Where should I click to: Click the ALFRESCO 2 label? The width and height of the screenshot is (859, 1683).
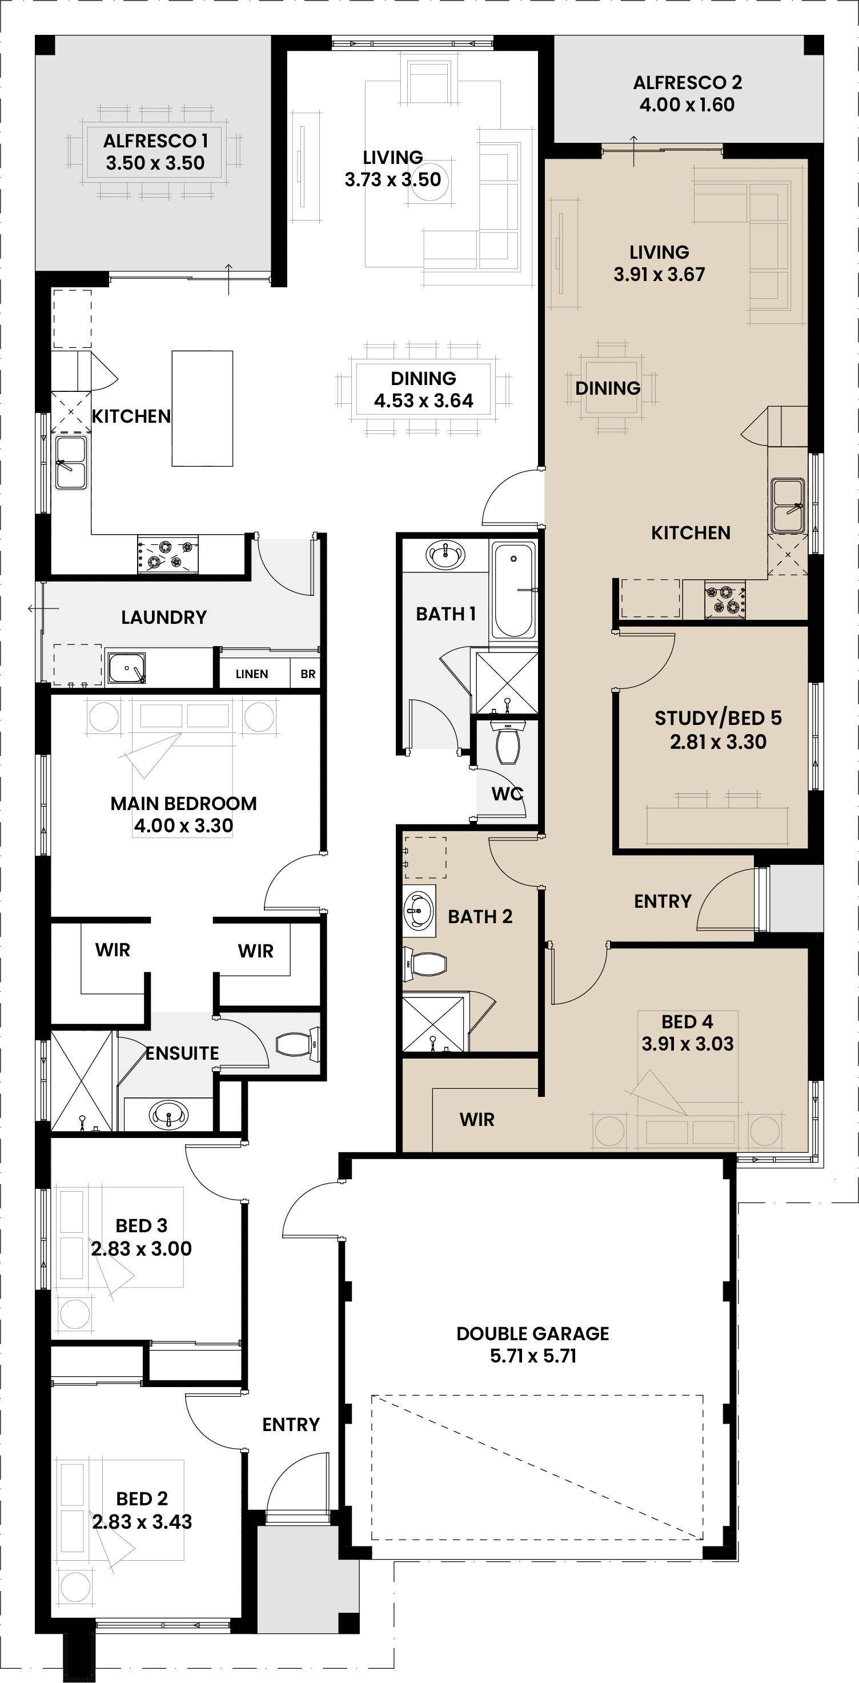[687, 83]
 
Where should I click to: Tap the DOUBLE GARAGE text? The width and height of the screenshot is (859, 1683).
[532, 1333]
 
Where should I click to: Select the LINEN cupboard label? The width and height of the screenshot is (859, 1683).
[251, 674]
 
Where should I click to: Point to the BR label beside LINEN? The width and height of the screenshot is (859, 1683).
[308, 674]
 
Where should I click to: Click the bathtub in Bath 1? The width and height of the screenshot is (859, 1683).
[513, 590]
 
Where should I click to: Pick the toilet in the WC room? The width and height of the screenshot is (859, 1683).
[508, 742]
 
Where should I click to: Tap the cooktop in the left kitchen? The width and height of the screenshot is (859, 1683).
[168, 554]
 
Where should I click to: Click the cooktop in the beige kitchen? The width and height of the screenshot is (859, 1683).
[725, 599]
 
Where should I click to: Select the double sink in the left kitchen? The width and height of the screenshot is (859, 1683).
[71, 463]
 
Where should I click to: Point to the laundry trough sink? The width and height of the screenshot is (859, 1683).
[126, 667]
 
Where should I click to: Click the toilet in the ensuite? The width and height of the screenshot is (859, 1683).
[297, 1044]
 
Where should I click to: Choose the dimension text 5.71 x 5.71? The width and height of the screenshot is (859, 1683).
[533, 1356]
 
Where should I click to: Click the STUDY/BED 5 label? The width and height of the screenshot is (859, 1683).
[718, 718]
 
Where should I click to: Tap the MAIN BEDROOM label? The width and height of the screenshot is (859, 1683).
[183, 804]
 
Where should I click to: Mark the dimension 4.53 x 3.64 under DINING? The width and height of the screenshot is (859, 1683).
[423, 400]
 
